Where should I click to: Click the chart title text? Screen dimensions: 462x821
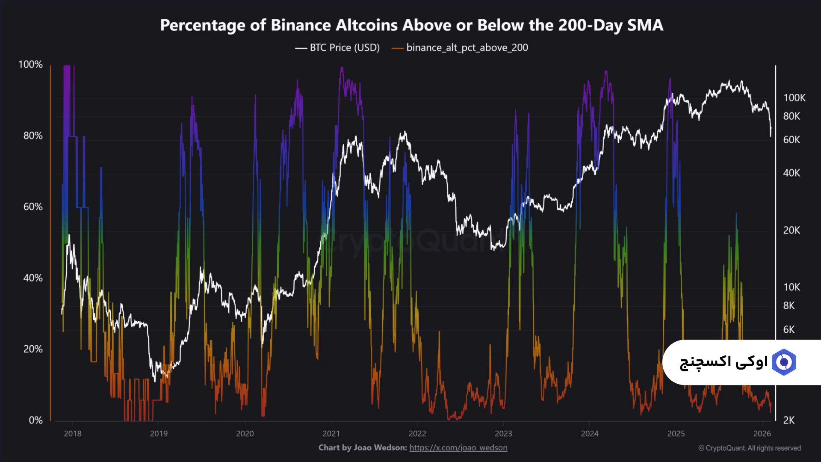click(411, 25)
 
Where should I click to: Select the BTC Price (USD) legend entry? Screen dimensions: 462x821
click(344, 47)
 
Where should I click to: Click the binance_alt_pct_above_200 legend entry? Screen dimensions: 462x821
click(467, 47)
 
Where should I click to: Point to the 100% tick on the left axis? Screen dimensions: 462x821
click(30, 65)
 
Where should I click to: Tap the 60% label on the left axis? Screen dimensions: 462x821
click(33, 207)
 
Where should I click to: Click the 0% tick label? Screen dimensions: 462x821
click(35, 421)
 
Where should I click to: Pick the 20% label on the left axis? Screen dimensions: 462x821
click(33, 349)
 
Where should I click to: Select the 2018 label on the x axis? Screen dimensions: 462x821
click(73, 434)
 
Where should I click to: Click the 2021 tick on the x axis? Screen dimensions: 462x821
click(331, 434)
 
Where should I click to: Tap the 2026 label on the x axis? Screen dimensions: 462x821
click(762, 434)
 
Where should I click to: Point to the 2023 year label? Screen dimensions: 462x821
click(503, 434)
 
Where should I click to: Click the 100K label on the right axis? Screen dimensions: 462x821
click(794, 98)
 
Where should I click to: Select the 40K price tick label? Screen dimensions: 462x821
click(791, 173)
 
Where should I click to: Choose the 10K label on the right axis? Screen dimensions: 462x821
click(791, 287)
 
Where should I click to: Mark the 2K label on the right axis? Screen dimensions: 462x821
click(789, 421)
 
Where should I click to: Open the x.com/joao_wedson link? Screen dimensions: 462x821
click(458, 448)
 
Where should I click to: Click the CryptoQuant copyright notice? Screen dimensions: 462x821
click(750, 448)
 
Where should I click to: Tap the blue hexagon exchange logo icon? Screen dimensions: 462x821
click(784, 362)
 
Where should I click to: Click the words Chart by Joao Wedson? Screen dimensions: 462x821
click(363, 448)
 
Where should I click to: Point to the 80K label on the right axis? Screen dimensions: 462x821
click(791, 116)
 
